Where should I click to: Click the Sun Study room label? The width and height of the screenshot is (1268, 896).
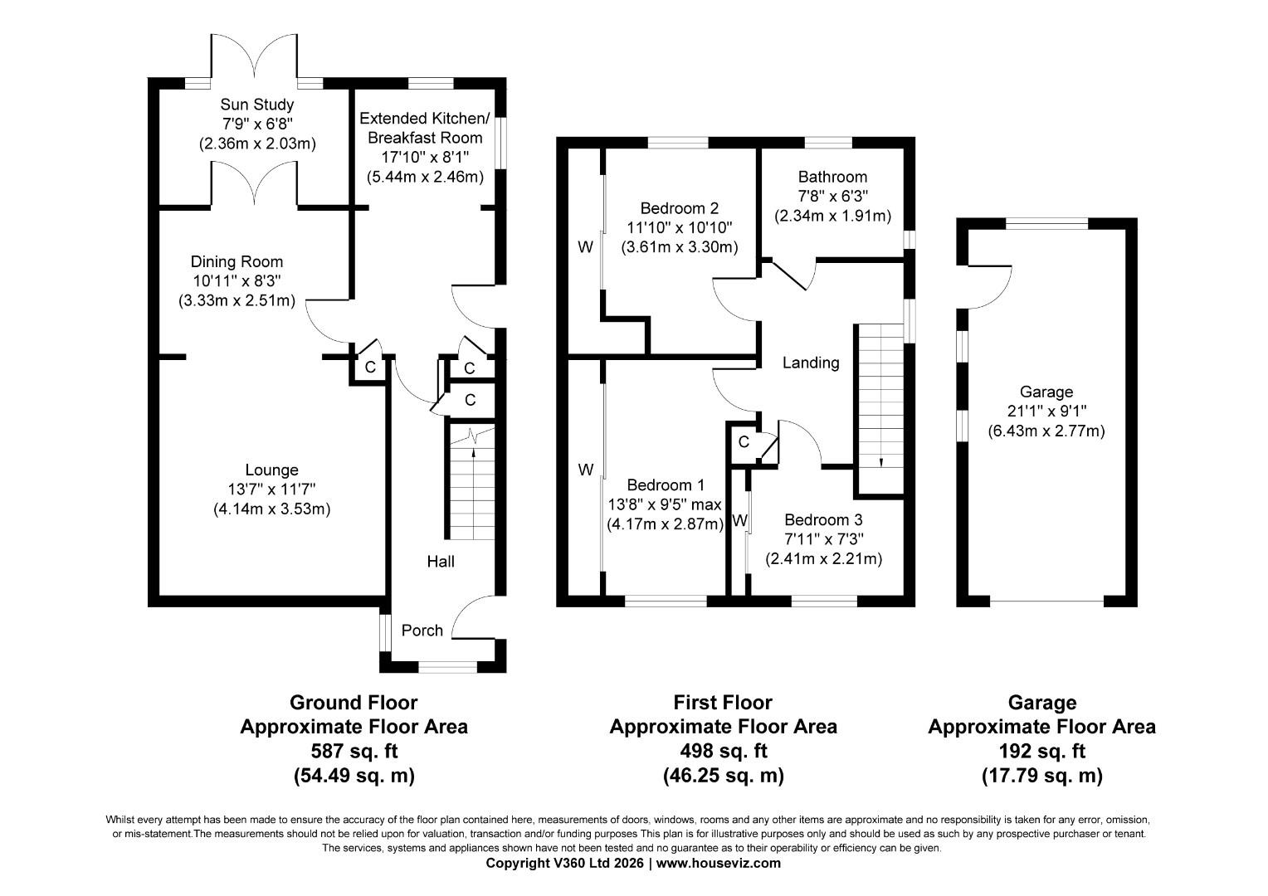coord(256,105)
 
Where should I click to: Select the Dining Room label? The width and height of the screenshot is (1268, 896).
coord(237,261)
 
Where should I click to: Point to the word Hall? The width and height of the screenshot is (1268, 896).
coord(441,562)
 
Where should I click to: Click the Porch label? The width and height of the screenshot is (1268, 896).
coord(422,631)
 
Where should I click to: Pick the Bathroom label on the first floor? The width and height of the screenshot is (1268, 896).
coord(832,177)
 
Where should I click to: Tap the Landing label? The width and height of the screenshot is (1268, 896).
coord(811,363)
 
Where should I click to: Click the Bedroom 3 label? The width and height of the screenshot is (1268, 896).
coord(823,520)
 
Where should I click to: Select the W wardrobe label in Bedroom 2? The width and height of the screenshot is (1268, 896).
coord(585,246)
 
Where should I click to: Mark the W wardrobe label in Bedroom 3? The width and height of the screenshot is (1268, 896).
coord(740,520)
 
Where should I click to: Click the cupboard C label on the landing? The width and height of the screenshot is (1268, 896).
coord(744,441)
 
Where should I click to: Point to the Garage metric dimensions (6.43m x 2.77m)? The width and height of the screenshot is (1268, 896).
coord(1046,431)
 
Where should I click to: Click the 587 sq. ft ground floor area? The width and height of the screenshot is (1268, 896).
coord(354,751)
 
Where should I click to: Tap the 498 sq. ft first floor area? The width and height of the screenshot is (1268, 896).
coord(723,751)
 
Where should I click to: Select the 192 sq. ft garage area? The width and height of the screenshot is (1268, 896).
coord(1041,751)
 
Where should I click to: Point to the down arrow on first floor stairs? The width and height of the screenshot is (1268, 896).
coord(880,462)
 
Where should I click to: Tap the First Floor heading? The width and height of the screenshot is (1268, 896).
coord(723,703)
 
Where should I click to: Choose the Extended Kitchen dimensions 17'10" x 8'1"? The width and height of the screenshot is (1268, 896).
coord(425,157)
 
